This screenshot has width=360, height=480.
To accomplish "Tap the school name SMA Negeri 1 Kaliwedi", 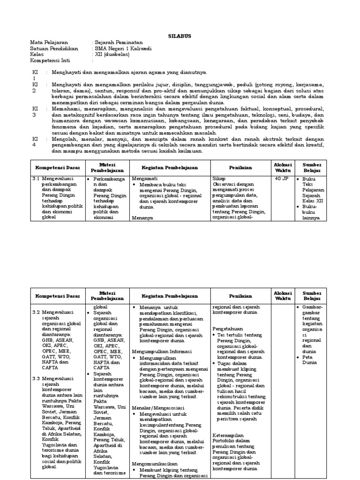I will (x=123, y=48).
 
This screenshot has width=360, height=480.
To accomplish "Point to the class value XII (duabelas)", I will (x=112, y=54).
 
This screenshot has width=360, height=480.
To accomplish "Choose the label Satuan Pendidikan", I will (x=52, y=48).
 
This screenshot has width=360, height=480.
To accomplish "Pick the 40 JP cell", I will (x=282, y=179).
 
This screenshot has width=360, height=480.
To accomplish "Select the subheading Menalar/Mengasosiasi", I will (x=158, y=408).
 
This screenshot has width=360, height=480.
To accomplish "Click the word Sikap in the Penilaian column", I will (x=219, y=179).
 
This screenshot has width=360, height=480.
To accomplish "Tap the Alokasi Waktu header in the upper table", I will (x=283, y=167).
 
